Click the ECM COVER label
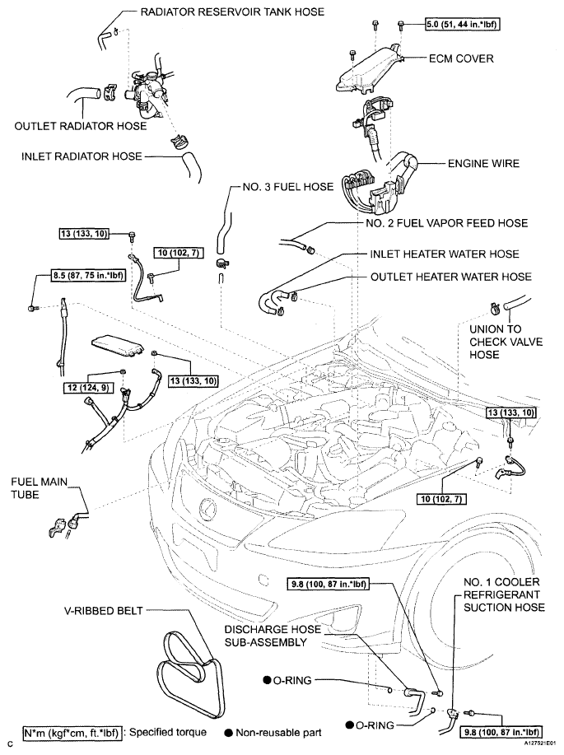[x=461, y=58]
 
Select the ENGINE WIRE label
[x=483, y=164]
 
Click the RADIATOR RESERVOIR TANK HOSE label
[x=232, y=12]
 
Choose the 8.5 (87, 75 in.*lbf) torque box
[x=86, y=276]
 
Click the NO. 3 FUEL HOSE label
[x=288, y=187]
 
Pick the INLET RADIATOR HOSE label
[x=82, y=156]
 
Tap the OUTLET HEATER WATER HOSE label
[x=451, y=277]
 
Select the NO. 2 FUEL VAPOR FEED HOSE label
[x=446, y=223]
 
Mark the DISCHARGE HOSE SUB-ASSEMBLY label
[x=273, y=636]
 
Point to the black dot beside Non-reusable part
[x=228, y=734]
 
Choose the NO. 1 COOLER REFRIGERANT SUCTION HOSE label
[x=504, y=594]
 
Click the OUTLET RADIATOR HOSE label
[x=81, y=126]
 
